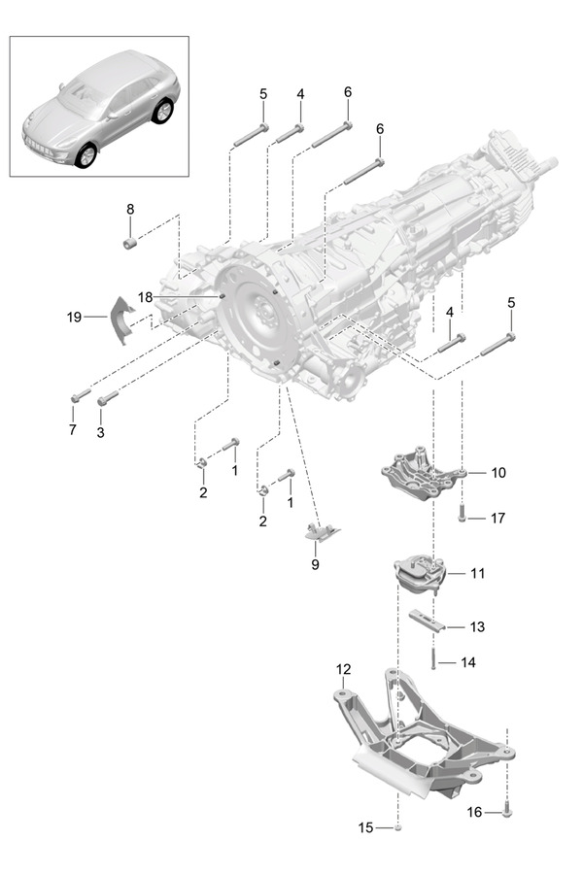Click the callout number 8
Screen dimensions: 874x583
[130, 209]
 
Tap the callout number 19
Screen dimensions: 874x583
[73, 316]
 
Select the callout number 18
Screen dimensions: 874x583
[145, 297]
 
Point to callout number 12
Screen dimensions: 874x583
[343, 669]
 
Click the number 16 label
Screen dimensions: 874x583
[475, 810]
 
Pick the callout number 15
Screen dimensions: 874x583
[365, 827]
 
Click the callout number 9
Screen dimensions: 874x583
[315, 563]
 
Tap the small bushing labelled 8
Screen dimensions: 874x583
[129, 240]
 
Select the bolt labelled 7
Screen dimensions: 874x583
[80, 395]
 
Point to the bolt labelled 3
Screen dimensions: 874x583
[107, 396]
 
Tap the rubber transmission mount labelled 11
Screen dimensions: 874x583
[419, 577]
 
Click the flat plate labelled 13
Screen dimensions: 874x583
[427, 622]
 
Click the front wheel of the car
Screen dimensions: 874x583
[86, 155]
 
